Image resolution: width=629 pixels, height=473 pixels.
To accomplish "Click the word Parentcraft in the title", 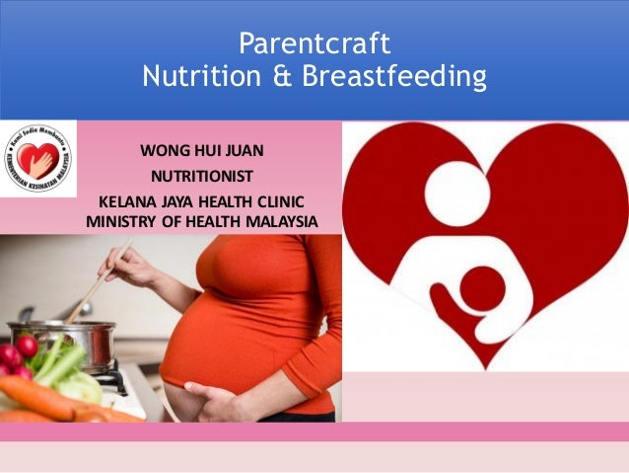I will (x=314, y=44).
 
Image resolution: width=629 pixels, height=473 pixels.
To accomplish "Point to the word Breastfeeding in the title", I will (x=384, y=76).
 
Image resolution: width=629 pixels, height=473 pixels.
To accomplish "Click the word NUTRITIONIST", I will (x=201, y=177).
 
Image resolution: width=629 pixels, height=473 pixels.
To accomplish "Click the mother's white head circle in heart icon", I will (x=445, y=189).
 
